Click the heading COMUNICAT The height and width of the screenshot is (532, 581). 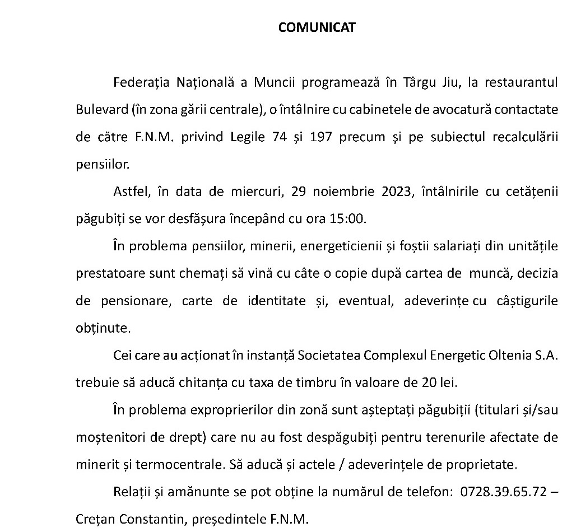coord(317,28)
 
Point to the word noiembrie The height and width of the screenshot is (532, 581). coord(343,192)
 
